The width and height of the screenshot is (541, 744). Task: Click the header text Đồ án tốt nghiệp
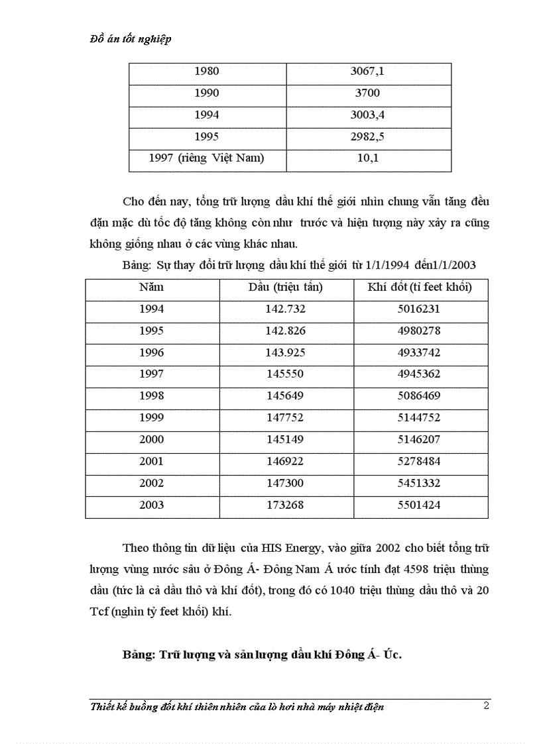pos(130,39)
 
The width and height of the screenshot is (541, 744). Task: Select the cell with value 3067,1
pos(367,72)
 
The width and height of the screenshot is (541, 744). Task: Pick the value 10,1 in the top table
pos(367,158)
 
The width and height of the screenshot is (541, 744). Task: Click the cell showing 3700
pos(367,93)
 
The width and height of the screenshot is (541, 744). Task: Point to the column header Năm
pos(151,287)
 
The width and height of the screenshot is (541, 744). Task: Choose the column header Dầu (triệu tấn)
pos(285,287)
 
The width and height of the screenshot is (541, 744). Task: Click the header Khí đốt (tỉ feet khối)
pos(420,287)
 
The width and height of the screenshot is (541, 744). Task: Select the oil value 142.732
pos(285,309)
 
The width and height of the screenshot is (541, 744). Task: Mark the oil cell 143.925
pos(285,352)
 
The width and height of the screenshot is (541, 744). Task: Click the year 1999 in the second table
pos(151,418)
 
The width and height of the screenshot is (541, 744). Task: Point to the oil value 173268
pos(285,505)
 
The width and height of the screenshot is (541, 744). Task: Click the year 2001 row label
pos(151,462)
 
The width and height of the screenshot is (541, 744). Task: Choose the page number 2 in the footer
pos(486,705)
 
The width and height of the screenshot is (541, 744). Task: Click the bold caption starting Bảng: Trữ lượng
pos(263,655)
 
